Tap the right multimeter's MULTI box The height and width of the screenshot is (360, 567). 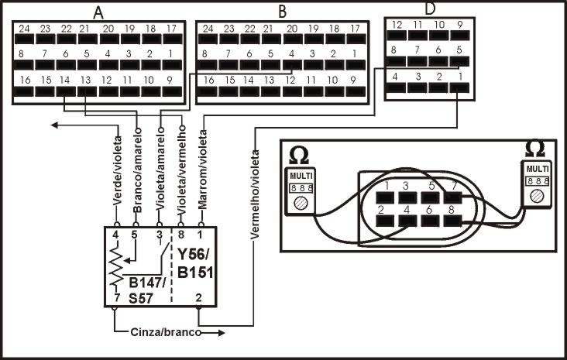[x=535, y=168]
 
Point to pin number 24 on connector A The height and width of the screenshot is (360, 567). [x=24, y=28]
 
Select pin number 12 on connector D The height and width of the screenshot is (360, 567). [x=397, y=25]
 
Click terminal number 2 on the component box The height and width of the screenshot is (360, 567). [x=200, y=297]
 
